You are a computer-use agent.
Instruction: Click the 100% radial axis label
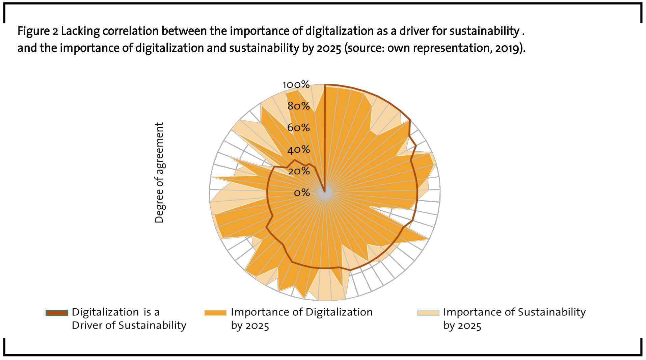(296, 84)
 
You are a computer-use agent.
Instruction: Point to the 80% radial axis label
(298, 106)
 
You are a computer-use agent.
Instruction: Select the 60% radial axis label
(298, 128)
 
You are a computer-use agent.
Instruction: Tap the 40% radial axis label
(298, 149)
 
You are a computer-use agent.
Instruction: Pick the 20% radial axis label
(299, 171)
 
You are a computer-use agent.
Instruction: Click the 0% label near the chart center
(302, 192)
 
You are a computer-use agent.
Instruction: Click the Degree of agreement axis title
(159, 173)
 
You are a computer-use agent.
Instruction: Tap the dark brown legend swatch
(57, 313)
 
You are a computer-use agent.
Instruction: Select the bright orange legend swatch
(215, 313)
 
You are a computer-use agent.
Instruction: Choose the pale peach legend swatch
(428, 313)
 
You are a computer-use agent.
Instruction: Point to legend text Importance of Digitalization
(301, 312)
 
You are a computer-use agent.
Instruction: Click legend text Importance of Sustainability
(514, 312)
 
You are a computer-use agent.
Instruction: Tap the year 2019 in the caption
(508, 48)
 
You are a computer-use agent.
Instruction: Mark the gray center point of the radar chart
(325, 193)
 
